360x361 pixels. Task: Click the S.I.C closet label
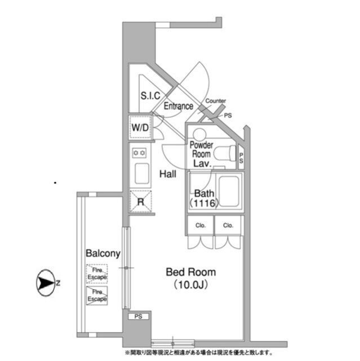150,95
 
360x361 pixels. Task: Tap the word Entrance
179,106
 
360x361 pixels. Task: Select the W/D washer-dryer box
140,127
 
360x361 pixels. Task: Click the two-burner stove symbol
139,153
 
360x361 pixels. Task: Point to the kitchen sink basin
141,173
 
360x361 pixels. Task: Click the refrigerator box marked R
140,201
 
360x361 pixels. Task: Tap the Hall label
168,174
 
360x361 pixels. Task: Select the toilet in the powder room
225,153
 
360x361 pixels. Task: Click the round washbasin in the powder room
199,134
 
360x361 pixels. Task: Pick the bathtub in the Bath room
229,191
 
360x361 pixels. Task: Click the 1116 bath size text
204,203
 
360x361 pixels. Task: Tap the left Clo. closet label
201,225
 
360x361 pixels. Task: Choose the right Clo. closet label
228,225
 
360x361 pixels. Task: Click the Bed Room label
191,272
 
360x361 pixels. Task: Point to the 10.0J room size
191,285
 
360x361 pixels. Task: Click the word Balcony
103,253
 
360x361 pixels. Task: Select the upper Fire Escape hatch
97,274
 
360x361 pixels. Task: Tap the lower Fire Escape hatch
97,296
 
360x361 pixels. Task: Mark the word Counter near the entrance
215,101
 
